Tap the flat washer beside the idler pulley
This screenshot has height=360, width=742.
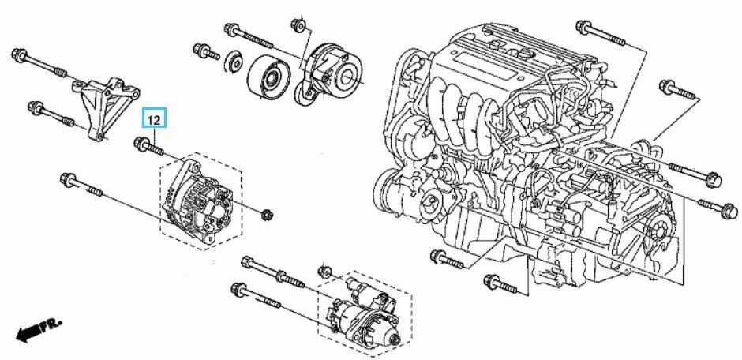pyautogui.click(x=234, y=62)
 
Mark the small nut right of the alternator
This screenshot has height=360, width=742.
pyautogui.click(x=267, y=212)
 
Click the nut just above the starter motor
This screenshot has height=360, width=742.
pyautogui.click(x=323, y=272)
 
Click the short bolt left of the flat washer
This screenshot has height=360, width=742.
pyautogui.click(x=204, y=53)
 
